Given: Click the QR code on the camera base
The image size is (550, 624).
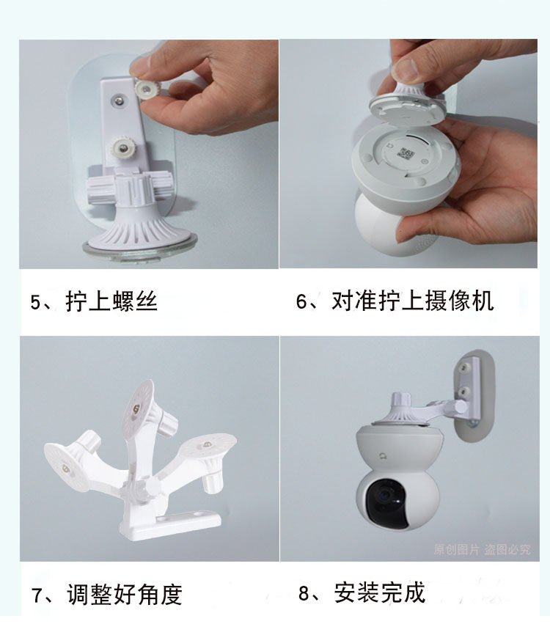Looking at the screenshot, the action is click(406, 153).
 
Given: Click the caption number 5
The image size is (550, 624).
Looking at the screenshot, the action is click(36, 302).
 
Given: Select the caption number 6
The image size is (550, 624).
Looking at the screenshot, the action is click(301, 301).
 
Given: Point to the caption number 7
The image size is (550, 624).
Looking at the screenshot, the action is click(37, 595).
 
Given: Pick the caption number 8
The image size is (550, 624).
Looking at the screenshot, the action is click(304, 593).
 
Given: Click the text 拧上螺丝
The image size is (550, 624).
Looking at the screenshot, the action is click(111, 301).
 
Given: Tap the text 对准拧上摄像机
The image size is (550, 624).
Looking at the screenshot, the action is click(413, 301).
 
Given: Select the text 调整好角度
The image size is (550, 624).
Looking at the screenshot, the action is click(125, 595).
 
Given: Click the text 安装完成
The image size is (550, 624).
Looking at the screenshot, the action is click(380, 592).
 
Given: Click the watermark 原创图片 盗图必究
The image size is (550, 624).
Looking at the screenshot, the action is click(482, 550).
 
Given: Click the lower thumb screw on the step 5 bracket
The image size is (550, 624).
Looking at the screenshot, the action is click(122, 149).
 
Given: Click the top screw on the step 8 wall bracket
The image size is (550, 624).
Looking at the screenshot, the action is click(463, 367).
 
